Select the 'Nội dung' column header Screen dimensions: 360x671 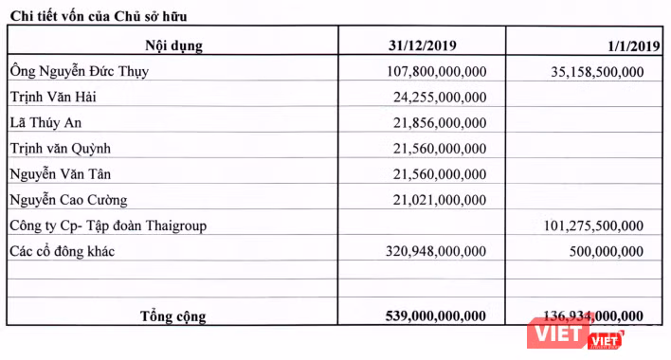[x=173, y=45]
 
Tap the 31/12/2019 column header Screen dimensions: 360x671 [x=423, y=45]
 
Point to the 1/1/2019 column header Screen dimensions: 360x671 [x=629, y=45]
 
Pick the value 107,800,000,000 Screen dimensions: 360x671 [x=436, y=71]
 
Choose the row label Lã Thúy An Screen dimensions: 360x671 [x=45, y=122]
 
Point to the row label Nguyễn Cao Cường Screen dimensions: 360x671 [x=66, y=200]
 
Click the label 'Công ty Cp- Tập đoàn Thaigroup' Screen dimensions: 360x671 [x=106, y=225]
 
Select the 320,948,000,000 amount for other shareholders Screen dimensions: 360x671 [x=436, y=251]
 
